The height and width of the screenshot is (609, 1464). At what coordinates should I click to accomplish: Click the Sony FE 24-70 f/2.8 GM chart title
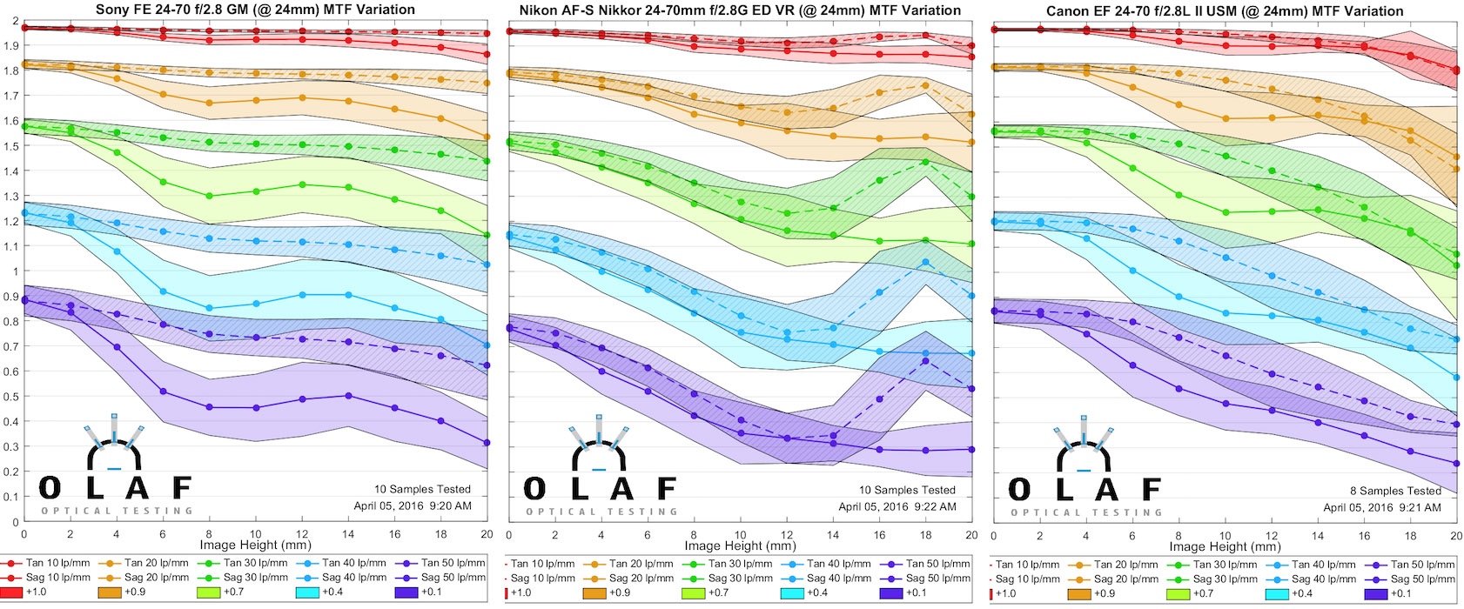point(255,10)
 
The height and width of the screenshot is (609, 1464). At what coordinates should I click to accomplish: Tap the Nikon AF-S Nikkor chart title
point(740,10)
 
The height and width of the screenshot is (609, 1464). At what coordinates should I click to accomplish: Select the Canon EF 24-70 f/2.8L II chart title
point(1225,11)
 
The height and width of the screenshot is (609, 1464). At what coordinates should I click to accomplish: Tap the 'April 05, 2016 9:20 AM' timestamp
point(413,505)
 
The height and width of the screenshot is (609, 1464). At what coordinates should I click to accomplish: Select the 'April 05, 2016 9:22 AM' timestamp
point(897,506)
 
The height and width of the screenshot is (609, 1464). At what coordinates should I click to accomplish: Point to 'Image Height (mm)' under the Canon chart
point(1225,546)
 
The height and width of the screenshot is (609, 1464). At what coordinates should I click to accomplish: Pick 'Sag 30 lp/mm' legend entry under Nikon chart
point(740,578)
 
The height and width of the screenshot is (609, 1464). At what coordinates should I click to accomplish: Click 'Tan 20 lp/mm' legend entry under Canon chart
point(1126,564)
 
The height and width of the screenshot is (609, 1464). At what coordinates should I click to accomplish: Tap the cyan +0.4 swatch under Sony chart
point(308,592)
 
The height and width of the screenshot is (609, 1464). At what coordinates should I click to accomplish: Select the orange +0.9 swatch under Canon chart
point(1079,593)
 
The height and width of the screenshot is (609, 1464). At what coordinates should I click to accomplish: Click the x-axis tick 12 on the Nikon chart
point(787,535)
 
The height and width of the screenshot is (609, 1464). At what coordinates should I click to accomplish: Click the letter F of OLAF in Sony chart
point(182,488)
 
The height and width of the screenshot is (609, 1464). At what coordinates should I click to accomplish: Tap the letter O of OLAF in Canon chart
point(1019,490)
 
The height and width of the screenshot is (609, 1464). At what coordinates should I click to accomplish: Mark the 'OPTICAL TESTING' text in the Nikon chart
point(601,512)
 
